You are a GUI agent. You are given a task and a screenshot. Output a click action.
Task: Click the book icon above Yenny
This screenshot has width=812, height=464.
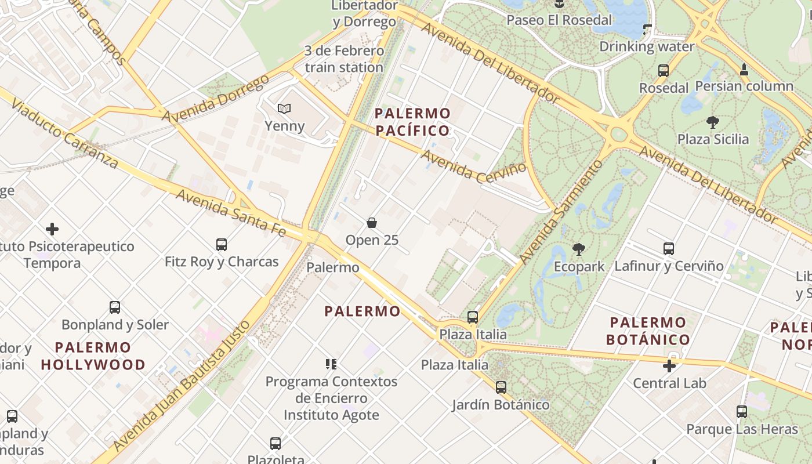coord(284,108)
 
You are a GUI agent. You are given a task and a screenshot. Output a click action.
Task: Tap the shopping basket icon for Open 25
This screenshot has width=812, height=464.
coord(372,223)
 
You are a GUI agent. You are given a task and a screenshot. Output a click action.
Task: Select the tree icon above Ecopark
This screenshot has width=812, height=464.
coord(578,249)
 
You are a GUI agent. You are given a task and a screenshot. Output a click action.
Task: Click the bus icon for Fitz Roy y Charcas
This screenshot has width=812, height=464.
coord(222,244)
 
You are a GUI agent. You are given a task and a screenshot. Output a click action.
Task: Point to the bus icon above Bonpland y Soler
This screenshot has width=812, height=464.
coord(115,307)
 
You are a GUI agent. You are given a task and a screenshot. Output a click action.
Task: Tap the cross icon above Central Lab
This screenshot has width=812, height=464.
coord(669,366)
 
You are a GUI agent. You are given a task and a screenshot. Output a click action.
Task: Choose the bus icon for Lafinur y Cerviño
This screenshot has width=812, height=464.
coord(669,249)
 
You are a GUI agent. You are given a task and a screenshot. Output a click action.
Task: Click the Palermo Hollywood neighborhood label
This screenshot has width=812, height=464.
coord(93,356)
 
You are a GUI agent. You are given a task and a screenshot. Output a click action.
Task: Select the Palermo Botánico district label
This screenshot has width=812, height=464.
coord(648,331)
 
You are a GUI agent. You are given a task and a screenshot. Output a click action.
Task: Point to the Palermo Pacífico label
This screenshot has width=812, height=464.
coord(412,122)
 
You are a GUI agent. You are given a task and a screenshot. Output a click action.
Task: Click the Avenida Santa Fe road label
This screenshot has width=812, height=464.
coord(231,213)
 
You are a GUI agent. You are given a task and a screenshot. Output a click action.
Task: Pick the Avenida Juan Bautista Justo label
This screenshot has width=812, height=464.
coord(182,385)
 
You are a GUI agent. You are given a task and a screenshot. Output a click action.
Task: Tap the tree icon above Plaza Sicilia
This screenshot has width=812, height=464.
coord(713,122)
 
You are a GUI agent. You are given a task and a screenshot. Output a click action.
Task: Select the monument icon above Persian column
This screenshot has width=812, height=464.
coord(744,70)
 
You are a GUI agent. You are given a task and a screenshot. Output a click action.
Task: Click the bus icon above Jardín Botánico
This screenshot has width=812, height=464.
coord(501,387)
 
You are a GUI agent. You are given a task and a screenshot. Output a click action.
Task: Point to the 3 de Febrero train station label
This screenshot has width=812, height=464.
coord(344,59)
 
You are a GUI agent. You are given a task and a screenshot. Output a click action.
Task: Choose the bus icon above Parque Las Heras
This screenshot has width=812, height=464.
coord(742,412)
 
